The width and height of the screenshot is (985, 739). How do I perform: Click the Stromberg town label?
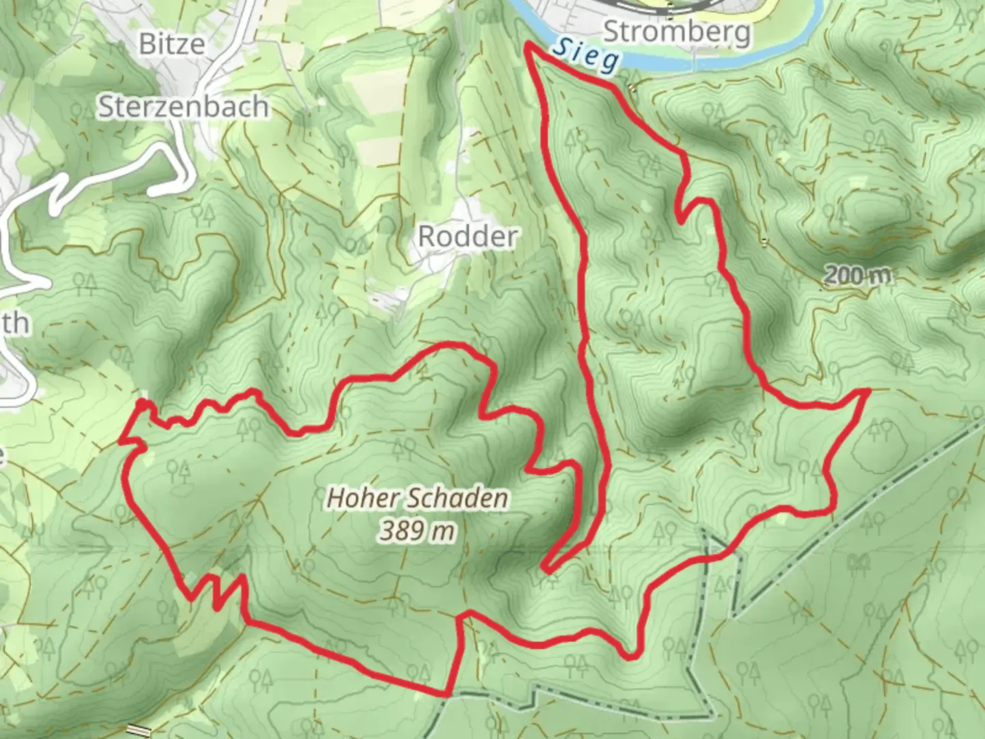[x=677, y=31]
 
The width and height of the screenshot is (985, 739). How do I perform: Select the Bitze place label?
[x=172, y=44]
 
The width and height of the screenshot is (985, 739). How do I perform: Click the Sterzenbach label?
[x=183, y=107]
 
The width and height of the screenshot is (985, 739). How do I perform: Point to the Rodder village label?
[x=468, y=237]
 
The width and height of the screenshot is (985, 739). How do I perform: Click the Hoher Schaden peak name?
[x=417, y=498]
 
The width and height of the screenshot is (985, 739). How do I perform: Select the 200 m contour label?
[x=858, y=275]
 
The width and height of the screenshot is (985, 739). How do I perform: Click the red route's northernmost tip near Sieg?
[x=527, y=44]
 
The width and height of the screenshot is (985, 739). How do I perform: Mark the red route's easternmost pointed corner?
[x=867, y=390]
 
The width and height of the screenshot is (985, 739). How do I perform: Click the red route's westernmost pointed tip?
[x=120, y=442]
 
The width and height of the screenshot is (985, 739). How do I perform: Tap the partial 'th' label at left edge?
[x=15, y=323]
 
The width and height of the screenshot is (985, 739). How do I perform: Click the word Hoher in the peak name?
[x=357, y=498]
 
